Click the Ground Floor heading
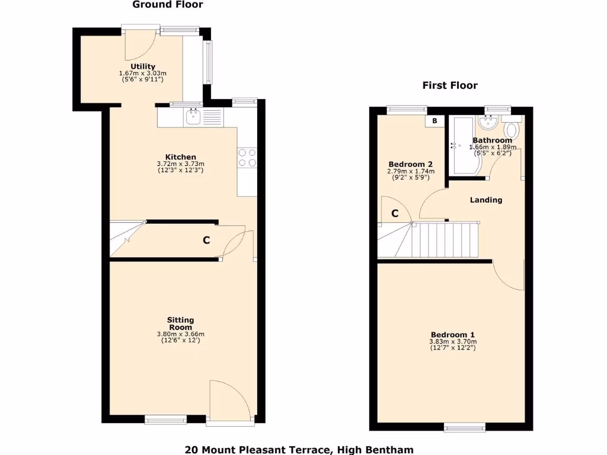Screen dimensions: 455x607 pyautogui.click(x=167, y=5)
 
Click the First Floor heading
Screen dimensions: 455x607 pyautogui.click(x=449, y=85)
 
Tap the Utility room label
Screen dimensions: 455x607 pyautogui.click(x=143, y=66)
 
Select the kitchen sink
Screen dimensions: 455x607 pyautogui.click(x=194, y=117)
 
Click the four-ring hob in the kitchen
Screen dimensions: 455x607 pyautogui.click(x=247, y=157)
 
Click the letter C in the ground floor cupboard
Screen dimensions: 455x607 pyautogui.click(x=206, y=240)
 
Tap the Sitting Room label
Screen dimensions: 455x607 pyautogui.click(x=180, y=323)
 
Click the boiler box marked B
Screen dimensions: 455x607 pyautogui.click(x=435, y=121)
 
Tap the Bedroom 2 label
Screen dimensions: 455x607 pyautogui.click(x=410, y=164)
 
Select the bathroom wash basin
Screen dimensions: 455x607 pyautogui.click(x=490, y=123)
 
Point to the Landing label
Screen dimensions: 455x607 pyautogui.click(x=486, y=200)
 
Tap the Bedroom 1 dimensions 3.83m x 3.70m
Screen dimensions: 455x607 pyautogui.click(x=453, y=341)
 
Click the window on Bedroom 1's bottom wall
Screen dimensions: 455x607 pyautogui.click(x=465, y=427)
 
